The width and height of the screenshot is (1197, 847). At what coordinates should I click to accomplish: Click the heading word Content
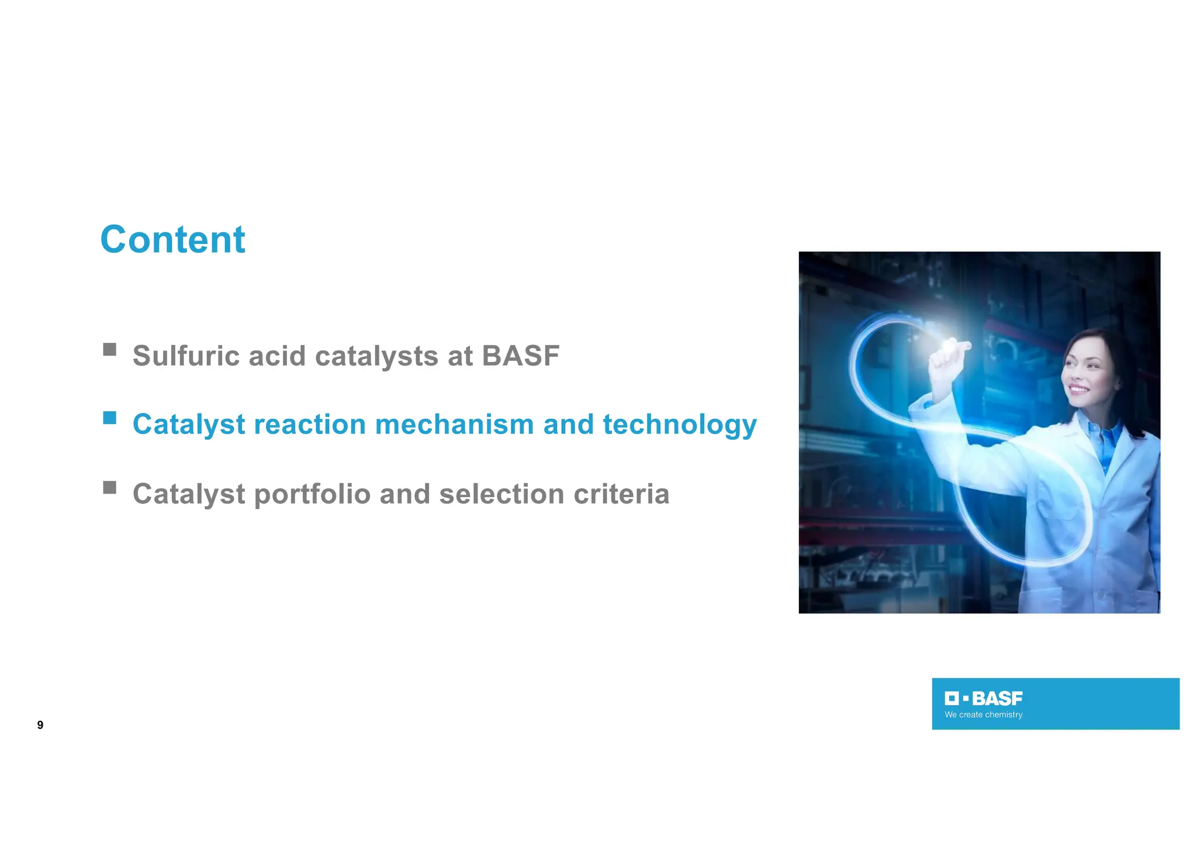click(172, 240)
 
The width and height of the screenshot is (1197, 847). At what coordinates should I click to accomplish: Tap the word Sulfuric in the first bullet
click(186, 356)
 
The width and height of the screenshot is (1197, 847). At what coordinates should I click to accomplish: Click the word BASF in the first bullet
click(520, 356)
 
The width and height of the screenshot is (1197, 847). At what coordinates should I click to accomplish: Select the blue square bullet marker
click(109, 418)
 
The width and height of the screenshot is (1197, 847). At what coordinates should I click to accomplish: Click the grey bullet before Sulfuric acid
click(109, 349)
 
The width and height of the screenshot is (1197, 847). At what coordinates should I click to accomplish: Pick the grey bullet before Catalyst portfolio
click(109, 487)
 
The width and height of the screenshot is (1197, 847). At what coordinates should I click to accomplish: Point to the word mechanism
click(454, 424)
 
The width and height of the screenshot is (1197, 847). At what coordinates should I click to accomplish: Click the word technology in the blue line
click(679, 425)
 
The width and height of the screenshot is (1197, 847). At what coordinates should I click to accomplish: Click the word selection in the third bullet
click(501, 494)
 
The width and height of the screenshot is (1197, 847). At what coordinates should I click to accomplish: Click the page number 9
click(40, 725)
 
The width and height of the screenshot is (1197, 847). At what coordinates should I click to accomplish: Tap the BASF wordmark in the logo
click(997, 698)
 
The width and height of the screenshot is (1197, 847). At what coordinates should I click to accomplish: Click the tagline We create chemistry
click(983, 715)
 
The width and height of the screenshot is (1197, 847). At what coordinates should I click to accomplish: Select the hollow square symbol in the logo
click(951, 698)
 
